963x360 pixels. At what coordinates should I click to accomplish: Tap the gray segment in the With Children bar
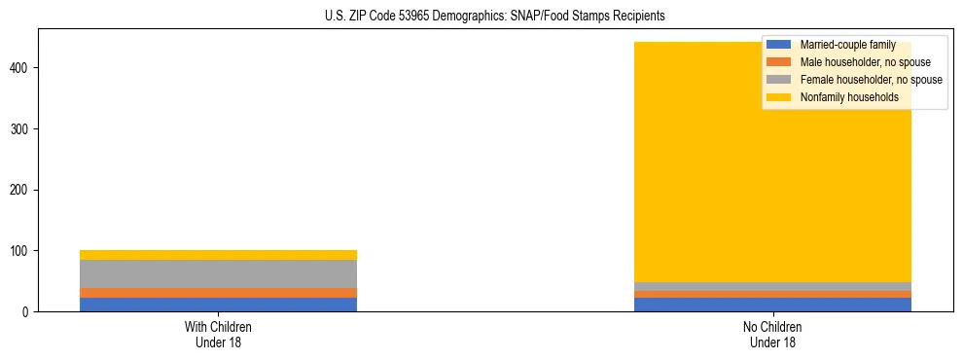tap(218, 273)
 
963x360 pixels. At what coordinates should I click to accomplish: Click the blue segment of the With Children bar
tap(218, 305)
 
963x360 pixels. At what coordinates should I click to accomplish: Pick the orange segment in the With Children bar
tap(218, 293)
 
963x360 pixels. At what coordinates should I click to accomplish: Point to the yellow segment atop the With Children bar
tap(218, 255)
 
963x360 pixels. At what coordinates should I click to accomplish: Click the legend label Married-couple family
tap(847, 45)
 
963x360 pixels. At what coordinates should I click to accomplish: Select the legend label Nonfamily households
tap(842, 97)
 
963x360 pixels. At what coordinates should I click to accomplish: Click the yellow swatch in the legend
tap(779, 97)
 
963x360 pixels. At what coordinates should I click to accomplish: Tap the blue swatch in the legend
tap(779, 45)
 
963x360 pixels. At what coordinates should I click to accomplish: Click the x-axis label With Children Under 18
tap(218, 334)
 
